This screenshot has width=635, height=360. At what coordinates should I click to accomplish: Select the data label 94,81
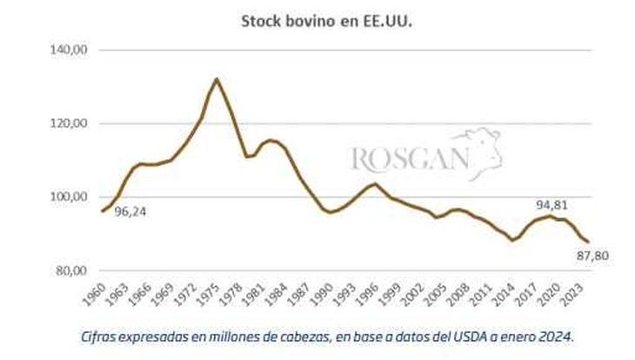pyautogui.click(x=552, y=204)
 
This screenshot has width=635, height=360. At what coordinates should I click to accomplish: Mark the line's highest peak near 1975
pyautogui.click(x=217, y=79)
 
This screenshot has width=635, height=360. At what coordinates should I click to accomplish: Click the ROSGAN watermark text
pyautogui.click(x=409, y=159)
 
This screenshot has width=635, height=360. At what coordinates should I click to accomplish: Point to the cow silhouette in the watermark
pyautogui.click(x=479, y=150)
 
